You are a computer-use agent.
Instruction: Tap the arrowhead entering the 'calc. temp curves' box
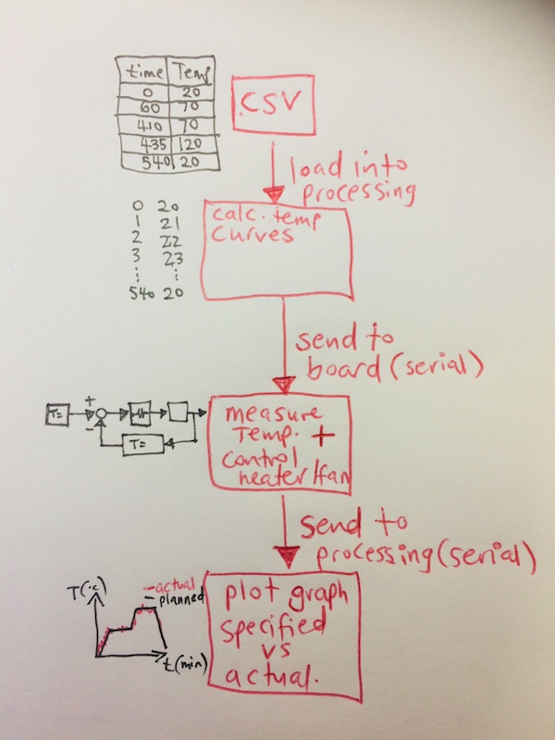coord(272,195)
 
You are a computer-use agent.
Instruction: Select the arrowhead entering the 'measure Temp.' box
coord(284,384)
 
